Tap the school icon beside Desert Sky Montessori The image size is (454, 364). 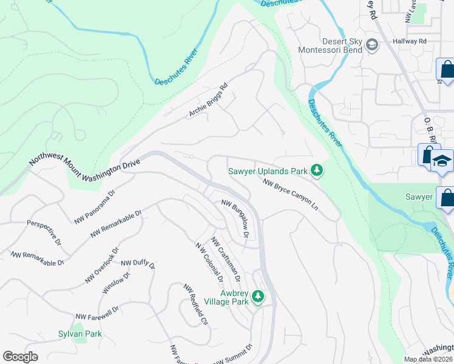[371, 44]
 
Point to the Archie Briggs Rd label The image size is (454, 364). [208, 99]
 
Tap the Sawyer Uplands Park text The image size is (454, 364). [268, 172]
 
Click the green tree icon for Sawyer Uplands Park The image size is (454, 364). [316, 172]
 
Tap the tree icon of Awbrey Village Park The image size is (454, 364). [258, 296]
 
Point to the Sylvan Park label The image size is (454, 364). [80, 334]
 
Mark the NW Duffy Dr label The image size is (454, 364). [138, 264]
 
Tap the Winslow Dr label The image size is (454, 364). [116, 283]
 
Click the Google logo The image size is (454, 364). [20, 357]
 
